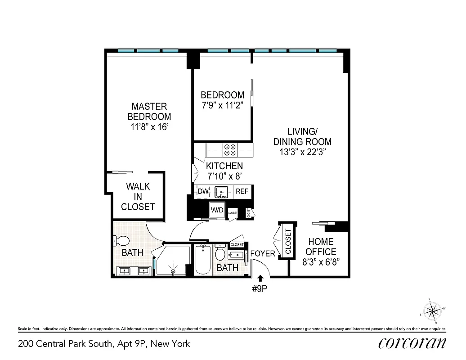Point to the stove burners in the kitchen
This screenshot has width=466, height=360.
coord(230,149)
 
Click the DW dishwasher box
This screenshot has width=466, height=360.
coord(203,192)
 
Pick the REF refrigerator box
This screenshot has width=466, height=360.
coord(242,192)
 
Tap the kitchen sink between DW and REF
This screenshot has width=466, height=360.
coord(222,192)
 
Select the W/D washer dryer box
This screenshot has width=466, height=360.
coord(217,210)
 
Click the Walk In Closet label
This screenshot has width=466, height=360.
coord(138,197)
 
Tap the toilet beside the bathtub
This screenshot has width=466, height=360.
coord(220,253)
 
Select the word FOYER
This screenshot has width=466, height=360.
coord(262,254)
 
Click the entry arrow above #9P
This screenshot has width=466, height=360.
coord(260,280)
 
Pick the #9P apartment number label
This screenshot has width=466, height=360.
coord(261,290)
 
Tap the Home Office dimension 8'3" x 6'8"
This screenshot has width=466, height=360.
coord(321,261)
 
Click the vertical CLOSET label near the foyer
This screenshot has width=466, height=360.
coord(288,241)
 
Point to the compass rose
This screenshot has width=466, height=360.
coord(433,310)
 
